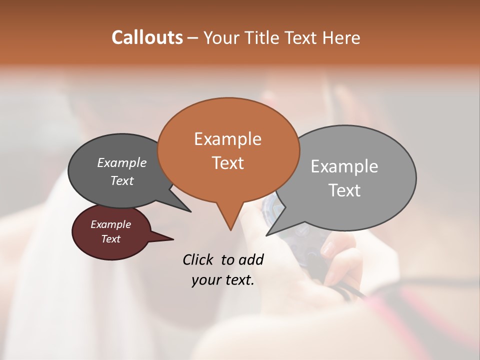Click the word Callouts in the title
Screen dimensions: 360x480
[x=147, y=37]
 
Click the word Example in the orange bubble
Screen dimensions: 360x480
[x=227, y=139]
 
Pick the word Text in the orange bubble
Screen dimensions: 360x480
[x=227, y=163]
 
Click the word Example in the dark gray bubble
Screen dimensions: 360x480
[x=122, y=162]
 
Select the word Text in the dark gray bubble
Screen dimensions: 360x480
[x=122, y=180]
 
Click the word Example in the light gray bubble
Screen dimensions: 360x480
[x=344, y=166]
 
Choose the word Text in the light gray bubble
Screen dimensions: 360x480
[x=344, y=190]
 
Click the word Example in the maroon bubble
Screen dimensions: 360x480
[x=110, y=224]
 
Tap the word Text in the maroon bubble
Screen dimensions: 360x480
[x=110, y=239]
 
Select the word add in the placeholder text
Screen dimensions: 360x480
[x=251, y=260]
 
